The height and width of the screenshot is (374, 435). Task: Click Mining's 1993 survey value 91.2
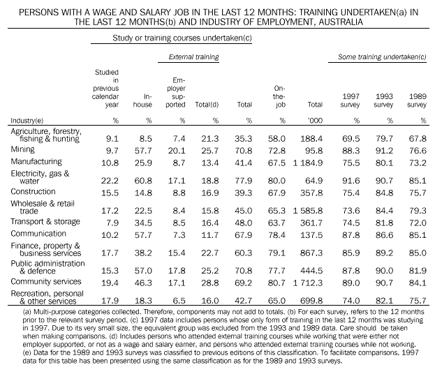click(383, 149)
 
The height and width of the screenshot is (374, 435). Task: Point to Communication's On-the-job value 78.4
click(279, 234)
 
